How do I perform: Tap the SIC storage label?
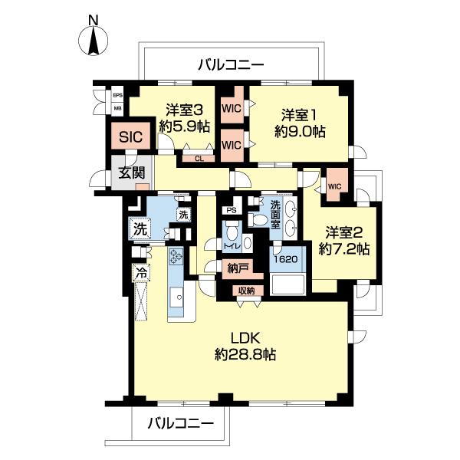pos(130,139)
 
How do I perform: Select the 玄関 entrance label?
pos(130,172)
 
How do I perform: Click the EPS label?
pos(117,96)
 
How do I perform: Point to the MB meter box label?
pos(117,109)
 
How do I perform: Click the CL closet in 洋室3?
pos(199,159)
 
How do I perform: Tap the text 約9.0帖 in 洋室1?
pos(299,131)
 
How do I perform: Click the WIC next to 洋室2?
pos(334,186)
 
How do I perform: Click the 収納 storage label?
pos(245,290)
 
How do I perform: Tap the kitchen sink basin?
pos(176,296)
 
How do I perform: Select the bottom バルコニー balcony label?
pos(177,422)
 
